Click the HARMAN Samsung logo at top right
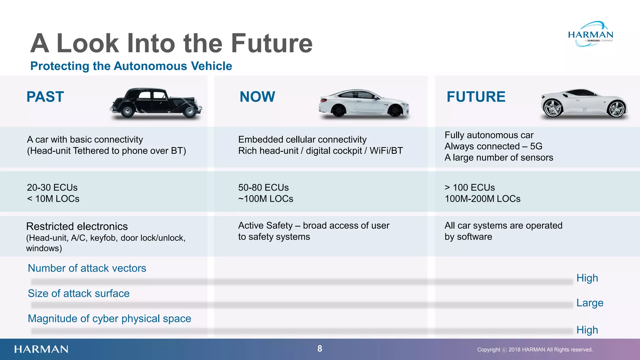pos(590,35)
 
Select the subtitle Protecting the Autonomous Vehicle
pos(131,66)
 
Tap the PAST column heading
pos(45,97)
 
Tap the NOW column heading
pos(257,97)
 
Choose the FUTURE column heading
pos(476,97)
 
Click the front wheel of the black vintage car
pos(189,112)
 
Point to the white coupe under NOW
pos(364,103)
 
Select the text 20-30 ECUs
pos(52,187)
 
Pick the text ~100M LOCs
pos(266,199)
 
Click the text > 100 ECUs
pos(470,187)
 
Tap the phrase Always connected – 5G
pos(493,146)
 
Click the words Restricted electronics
pos(77,226)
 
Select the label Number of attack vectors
pos(87,268)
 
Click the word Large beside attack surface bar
pos(590,303)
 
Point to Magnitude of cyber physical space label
pos(109,318)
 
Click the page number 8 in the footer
pos(320,349)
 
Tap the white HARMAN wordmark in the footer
pos(41,349)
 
